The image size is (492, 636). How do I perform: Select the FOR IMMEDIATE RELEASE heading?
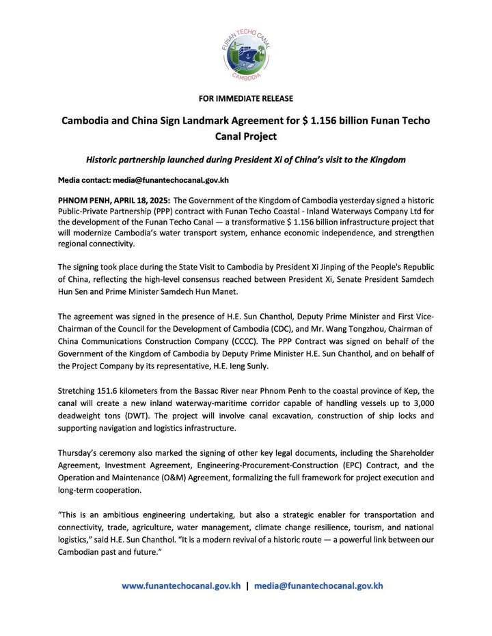[x=245, y=98]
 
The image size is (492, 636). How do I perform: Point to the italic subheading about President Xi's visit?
[x=245, y=159]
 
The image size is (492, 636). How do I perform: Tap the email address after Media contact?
[x=170, y=180]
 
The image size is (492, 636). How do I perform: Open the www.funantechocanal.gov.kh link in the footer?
[x=181, y=586]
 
